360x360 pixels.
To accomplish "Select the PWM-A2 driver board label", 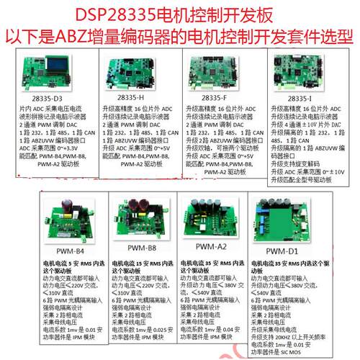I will coord(210,246).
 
